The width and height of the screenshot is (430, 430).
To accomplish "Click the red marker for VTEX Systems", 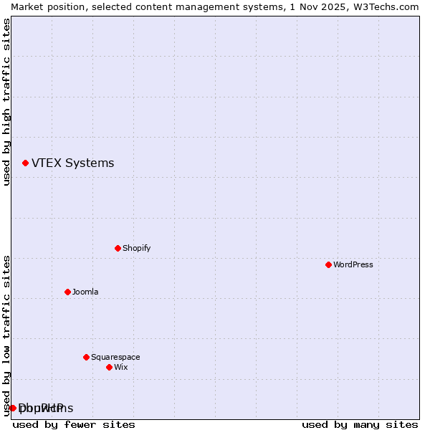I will tap(25, 163).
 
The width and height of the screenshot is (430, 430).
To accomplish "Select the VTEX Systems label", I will tap(72, 163).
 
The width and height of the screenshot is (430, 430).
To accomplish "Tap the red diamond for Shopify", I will tap(118, 249).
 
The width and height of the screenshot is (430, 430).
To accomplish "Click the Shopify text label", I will tap(136, 249).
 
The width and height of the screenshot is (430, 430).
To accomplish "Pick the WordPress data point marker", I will tap(328, 265).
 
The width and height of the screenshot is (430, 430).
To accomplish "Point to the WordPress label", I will tap(353, 265).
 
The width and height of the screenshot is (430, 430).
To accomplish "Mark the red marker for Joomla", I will tap(67, 292).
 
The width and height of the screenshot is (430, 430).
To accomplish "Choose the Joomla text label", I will tap(85, 292).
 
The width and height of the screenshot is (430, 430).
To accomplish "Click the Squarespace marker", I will tap(86, 358).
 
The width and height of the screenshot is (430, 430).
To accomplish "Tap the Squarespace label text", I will tap(115, 358).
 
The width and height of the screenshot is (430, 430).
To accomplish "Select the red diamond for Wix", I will tap(109, 368).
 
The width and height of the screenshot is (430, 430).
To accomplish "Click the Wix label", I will tap(120, 368).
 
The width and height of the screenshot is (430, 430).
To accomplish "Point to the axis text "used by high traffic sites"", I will tap(6, 102).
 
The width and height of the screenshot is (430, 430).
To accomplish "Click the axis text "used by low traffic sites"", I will tap(6, 335).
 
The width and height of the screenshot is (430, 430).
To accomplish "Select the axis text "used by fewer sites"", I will tap(74, 424).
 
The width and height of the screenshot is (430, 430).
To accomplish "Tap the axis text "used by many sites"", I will tap(360, 424).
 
